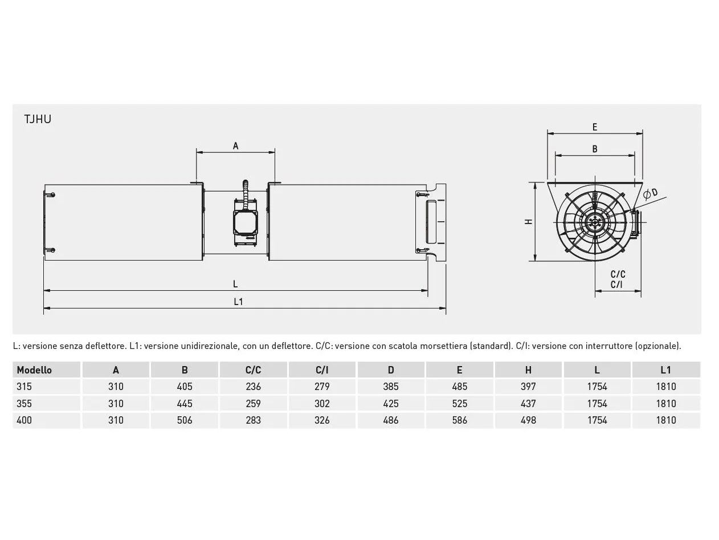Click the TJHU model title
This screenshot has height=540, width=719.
tap(38, 119)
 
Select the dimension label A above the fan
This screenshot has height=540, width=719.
tap(235, 146)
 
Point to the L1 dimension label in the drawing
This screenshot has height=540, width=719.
tap(239, 302)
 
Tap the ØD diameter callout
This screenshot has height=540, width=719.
tap(650, 194)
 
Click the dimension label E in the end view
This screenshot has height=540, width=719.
tap(595, 127)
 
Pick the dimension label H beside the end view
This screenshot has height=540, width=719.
tap(528, 222)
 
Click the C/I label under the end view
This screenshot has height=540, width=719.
tap(617, 285)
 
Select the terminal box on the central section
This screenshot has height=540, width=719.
tap(246, 222)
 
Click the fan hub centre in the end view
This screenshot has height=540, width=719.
tap(594, 222)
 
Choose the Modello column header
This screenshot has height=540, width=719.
tap(34, 370)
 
